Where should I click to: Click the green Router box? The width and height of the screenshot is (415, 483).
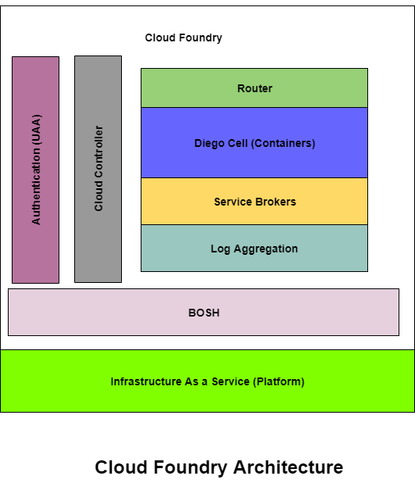click(x=254, y=88)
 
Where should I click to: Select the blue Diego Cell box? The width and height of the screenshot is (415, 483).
click(x=254, y=142)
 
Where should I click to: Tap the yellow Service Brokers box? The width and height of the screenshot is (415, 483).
click(x=254, y=202)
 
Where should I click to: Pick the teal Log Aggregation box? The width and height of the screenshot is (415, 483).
click(x=254, y=249)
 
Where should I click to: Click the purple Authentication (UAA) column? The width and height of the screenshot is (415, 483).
click(x=35, y=170)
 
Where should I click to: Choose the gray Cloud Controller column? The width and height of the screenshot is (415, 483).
click(x=98, y=169)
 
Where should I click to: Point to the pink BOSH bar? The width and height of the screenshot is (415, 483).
click(x=203, y=312)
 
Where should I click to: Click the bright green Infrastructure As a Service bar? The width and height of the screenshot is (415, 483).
click(x=207, y=381)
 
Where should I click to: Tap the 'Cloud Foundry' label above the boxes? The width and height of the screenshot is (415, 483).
click(x=184, y=38)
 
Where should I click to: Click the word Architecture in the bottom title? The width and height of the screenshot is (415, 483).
click(x=288, y=467)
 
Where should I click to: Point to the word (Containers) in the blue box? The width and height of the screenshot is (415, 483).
click(x=283, y=143)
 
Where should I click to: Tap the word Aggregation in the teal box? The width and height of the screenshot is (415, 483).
click(x=266, y=249)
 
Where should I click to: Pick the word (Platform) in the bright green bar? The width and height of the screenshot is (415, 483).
click(x=278, y=381)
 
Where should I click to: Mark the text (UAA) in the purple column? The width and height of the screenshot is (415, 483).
click(x=36, y=130)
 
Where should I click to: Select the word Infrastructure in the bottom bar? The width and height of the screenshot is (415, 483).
click(x=146, y=381)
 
